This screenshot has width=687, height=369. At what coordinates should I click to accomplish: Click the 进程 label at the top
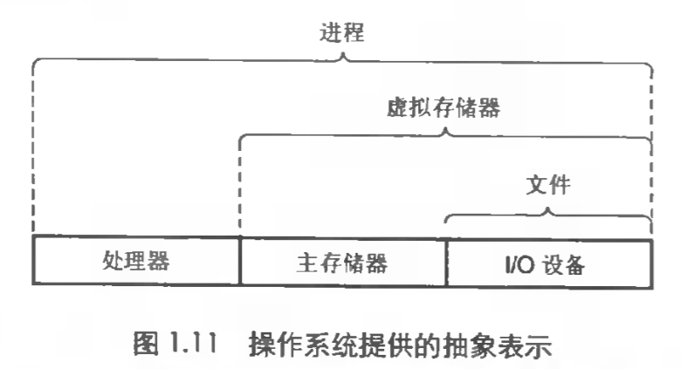point(341,33)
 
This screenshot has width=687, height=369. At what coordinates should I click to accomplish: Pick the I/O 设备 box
point(549,260)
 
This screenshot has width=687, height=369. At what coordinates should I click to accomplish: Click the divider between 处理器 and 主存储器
point(239,260)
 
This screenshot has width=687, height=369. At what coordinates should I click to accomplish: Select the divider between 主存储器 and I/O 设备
point(446,260)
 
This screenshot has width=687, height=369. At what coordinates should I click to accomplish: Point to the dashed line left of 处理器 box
point(32,148)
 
